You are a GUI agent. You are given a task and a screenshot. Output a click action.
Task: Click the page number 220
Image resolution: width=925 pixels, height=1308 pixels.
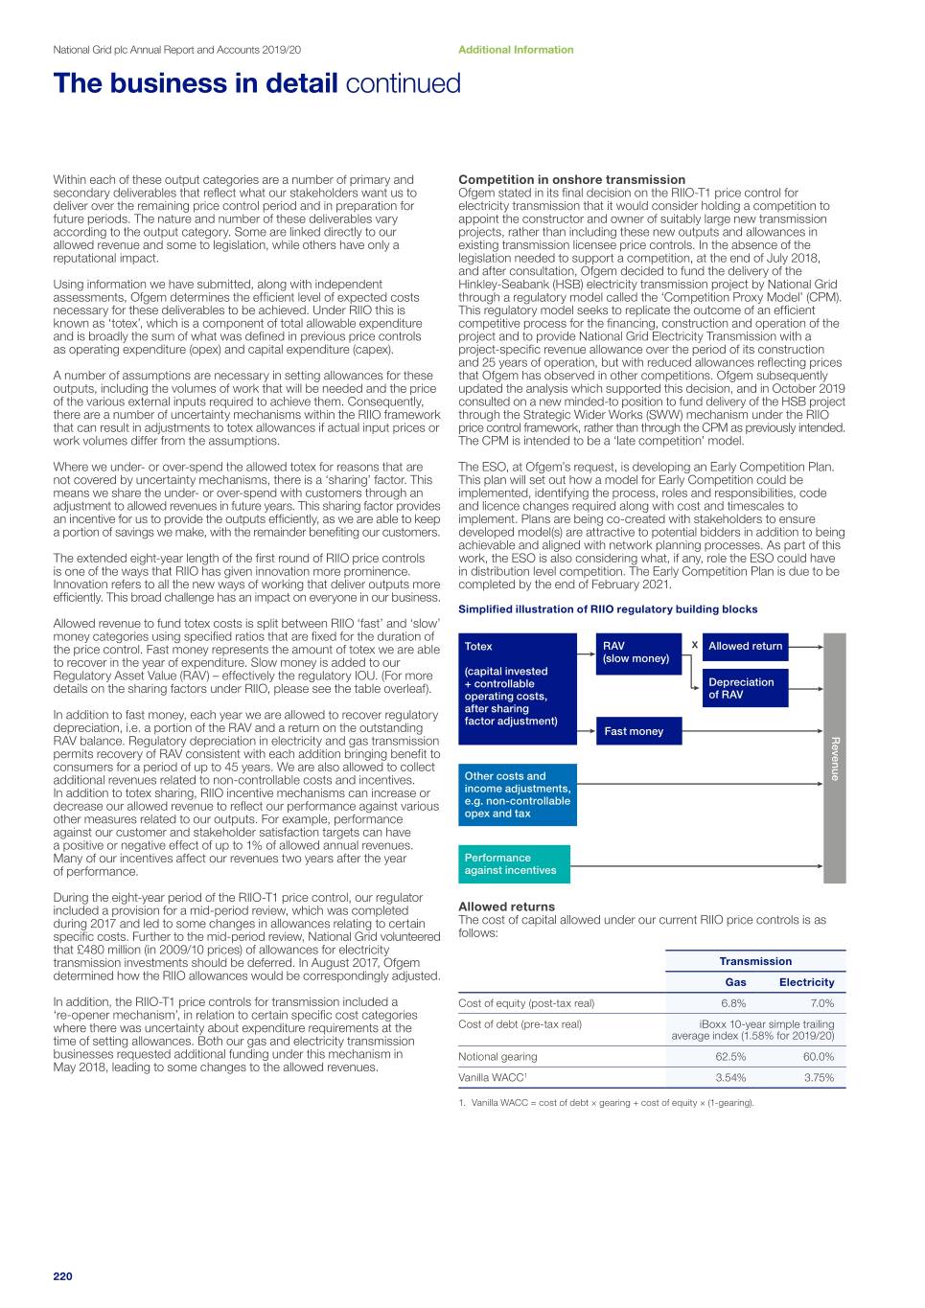pos(62,1275)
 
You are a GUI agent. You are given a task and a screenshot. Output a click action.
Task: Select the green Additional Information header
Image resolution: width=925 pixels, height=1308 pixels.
pos(516,50)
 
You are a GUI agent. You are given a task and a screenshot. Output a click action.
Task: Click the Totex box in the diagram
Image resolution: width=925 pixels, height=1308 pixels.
pos(518,689)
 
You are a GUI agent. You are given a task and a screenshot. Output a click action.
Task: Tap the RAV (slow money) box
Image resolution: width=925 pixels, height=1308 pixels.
pos(638,653)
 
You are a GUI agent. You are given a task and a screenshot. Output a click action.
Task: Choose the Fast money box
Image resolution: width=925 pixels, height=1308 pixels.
pos(638,731)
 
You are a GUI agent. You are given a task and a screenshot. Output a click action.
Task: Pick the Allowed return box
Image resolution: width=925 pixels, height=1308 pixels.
pos(745,647)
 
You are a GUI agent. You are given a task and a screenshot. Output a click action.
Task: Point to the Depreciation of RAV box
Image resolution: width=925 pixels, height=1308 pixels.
pos(745,688)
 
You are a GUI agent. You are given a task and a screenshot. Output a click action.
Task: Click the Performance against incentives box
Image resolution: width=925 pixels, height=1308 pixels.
pos(514,864)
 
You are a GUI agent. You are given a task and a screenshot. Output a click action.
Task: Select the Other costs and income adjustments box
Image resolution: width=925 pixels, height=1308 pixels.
pos(518,794)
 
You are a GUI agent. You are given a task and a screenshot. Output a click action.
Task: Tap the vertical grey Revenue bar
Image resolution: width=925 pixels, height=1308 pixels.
pos(835,758)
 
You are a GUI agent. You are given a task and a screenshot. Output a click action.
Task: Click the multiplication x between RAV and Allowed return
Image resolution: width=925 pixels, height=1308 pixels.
pos(694,645)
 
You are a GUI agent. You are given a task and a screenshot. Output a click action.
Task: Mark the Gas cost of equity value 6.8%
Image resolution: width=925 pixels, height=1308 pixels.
pos(733,1003)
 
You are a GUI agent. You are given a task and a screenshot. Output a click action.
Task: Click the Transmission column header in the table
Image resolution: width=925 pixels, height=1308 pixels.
pos(755,961)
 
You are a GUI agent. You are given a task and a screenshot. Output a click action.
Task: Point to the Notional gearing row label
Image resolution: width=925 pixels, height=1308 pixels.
pos(497,1057)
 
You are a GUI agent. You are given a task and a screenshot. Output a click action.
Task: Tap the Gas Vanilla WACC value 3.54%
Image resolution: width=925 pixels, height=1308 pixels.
pos(730,1078)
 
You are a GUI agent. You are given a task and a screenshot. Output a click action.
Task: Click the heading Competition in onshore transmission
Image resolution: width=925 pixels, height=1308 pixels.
pos(571,179)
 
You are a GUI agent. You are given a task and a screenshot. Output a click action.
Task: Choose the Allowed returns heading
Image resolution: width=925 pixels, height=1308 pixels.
pos(506,906)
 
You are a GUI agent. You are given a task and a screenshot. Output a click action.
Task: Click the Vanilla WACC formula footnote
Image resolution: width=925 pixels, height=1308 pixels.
pos(607,1103)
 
